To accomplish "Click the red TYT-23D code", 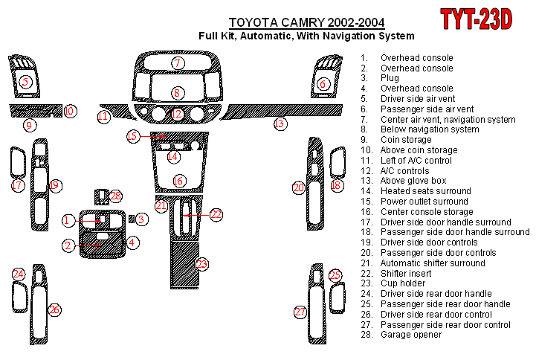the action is [x=477, y=19].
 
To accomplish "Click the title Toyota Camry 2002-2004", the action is [x=306, y=23].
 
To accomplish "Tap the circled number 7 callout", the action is [x=178, y=63].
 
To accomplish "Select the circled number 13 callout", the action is [x=280, y=123].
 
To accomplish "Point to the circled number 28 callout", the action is [x=115, y=196].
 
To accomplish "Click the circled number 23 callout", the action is [x=202, y=264].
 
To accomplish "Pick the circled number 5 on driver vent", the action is [x=25, y=82].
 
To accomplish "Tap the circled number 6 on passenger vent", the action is [x=323, y=84].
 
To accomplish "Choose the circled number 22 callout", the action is [x=216, y=215].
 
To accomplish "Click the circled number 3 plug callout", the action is [x=142, y=219].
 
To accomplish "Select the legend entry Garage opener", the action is [x=411, y=335].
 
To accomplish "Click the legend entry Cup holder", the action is [x=403, y=283].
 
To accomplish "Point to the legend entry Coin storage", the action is [x=406, y=140].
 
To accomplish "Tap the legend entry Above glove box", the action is [x=413, y=181].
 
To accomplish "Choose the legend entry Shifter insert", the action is [x=406, y=274].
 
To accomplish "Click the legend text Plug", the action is [x=390, y=78].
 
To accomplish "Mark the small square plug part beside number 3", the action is [x=132, y=219].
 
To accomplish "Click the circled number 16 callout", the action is [x=178, y=181].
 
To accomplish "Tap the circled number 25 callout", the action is [x=335, y=275].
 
